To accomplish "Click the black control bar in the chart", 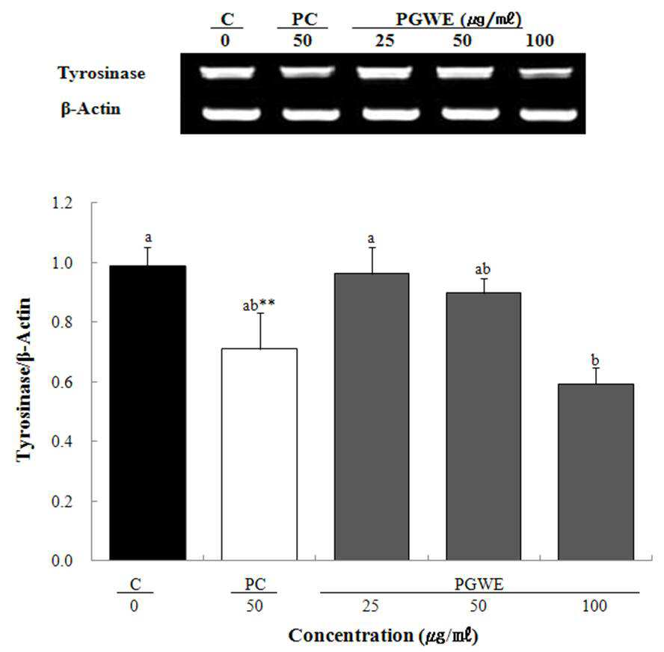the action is click(147, 413).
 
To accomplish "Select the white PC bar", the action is click(259, 455).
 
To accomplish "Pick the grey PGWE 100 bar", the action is click(595, 472).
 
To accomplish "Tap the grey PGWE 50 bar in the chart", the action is click(483, 426).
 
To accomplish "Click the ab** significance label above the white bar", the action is click(259, 305).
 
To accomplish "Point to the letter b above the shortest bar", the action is click(595, 360).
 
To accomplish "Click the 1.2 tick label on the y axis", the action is click(62, 203).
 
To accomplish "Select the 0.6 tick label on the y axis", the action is click(62, 382).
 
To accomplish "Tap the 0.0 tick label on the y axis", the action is click(62, 561).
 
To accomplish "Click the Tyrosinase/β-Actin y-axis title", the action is click(24, 380).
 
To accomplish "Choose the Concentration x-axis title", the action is click(384, 636).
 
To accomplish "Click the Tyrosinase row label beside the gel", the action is click(102, 73).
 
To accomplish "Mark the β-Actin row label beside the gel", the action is click(90, 109).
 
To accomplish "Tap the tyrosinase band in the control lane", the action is click(227, 73).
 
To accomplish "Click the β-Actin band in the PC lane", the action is click(311, 114).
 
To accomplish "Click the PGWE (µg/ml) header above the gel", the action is click(458, 19).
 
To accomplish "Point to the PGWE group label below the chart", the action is click(479, 584).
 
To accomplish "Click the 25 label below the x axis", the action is click(370, 606).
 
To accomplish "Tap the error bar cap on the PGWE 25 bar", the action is click(372, 247).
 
